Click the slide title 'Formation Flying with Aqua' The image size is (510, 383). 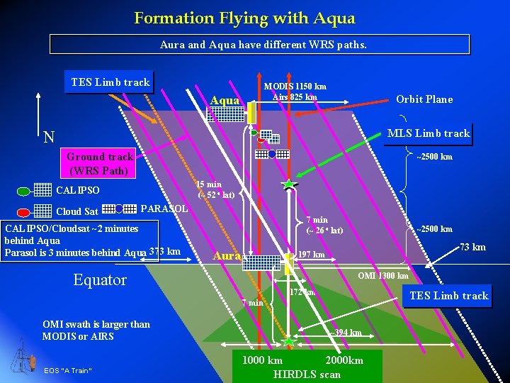[x=244, y=18]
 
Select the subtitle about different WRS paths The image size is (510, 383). [x=259, y=45]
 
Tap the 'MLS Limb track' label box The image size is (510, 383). [x=428, y=133]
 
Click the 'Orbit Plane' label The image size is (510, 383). [x=424, y=99]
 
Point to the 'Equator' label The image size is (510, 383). [x=100, y=279]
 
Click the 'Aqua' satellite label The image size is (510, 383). [x=225, y=101]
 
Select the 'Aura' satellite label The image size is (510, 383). [x=227, y=255]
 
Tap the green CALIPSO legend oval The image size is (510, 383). [x=23, y=191]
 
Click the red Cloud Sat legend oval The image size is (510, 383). [x=23, y=211]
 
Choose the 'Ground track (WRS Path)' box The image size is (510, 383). [x=100, y=163]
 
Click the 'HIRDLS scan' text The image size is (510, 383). [x=307, y=374]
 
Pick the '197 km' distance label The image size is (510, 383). [x=312, y=255]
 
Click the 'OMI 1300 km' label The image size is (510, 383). [x=383, y=276]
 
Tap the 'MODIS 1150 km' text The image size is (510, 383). [x=295, y=87]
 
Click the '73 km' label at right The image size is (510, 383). [x=472, y=247]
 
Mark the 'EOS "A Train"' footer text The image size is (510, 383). [x=68, y=371]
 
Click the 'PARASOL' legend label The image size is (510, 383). [x=165, y=209]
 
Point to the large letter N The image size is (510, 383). [x=49, y=136]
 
